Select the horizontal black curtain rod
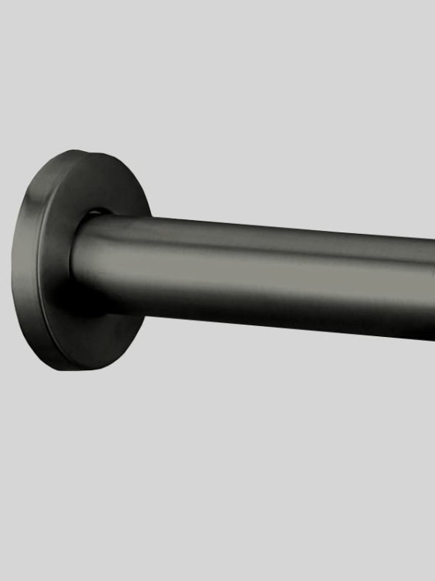pos(271,275)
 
